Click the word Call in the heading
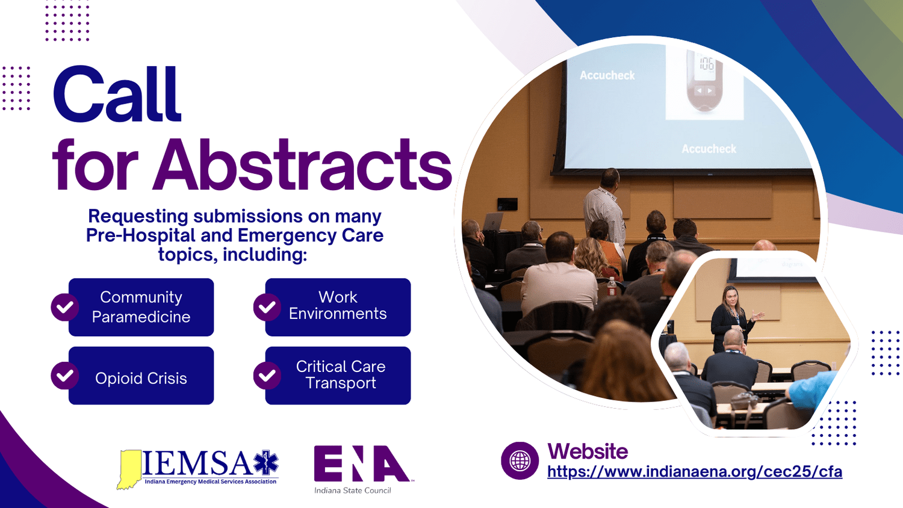pyautogui.click(x=117, y=95)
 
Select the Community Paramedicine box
pyautogui.click(x=141, y=307)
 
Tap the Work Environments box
pyautogui.click(x=338, y=307)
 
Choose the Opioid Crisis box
pyautogui.click(x=141, y=376)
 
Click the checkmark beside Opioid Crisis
pyautogui.click(x=64, y=376)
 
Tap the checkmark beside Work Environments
pyautogui.click(x=267, y=308)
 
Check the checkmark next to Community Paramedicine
pyautogui.click(x=64, y=308)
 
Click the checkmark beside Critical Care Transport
pyautogui.click(x=267, y=376)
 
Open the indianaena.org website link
pyautogui.click(x=694, y=471)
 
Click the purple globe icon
pyautogui.click(x=520, y=461)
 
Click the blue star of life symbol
pyautogui.click(x=265, y=463)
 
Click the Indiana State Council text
pyautogui.click(x=352, y=491)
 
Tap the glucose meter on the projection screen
pyautogui.click(x=704, y=81)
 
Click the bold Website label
pyautogui.click(x=588, y=451)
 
